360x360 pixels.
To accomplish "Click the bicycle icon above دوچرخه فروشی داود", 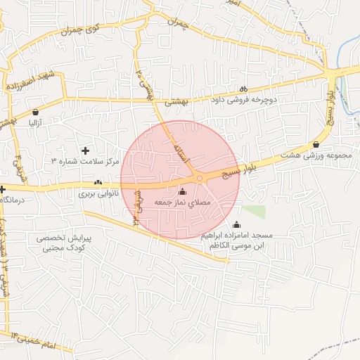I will [243, 89].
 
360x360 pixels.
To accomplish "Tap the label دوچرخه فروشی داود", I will [243, 100].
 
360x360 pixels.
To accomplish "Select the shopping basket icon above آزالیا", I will [35, 112].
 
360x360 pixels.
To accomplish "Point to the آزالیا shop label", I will [35, 122].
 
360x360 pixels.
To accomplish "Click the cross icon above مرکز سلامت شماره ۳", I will [86, 150].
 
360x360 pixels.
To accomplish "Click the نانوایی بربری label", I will [98, 193].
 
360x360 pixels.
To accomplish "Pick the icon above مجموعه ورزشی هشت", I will [316, 145].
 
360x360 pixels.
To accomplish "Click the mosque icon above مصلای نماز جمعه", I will [183, 191].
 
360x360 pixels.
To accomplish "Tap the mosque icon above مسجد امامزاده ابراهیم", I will [236, 225].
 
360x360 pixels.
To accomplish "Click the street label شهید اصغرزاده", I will [32, 78].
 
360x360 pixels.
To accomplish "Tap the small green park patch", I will [255, 211].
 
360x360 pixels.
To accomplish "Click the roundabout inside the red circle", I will [200, 179].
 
